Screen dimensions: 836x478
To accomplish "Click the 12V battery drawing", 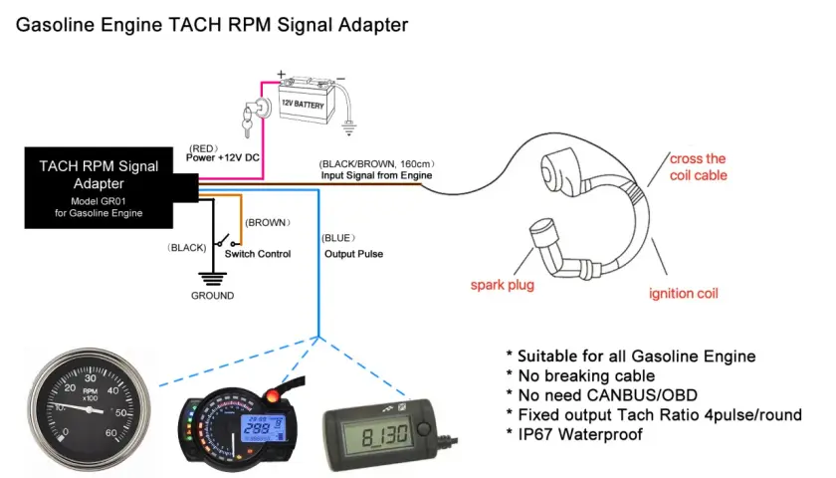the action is point(308,101).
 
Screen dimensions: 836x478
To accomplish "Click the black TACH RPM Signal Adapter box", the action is point(100,188).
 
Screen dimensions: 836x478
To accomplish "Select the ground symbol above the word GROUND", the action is point(213,279).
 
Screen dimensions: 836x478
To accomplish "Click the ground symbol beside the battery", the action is point(348,128).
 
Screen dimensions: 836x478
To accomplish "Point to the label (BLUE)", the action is point(338,238).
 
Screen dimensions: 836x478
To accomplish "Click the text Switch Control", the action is point(258,254).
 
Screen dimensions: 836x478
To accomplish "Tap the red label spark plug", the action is point(503,285).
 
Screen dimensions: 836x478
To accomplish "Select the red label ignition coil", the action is point(684,294).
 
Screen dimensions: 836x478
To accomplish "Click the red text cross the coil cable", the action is point(699,167).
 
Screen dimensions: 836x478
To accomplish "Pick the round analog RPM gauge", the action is point(89,410).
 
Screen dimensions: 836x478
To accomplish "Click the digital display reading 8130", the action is point(385,436).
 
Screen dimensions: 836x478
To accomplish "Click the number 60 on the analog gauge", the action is point(110,432).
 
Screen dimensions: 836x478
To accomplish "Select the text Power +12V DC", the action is point(223,158).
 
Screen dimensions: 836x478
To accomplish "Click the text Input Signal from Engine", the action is point(376,175).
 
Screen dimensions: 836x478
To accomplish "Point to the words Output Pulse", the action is point(354,254).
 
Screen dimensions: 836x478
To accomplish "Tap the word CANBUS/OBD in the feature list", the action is point(642,395).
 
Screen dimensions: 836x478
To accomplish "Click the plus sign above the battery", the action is point(281,74).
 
